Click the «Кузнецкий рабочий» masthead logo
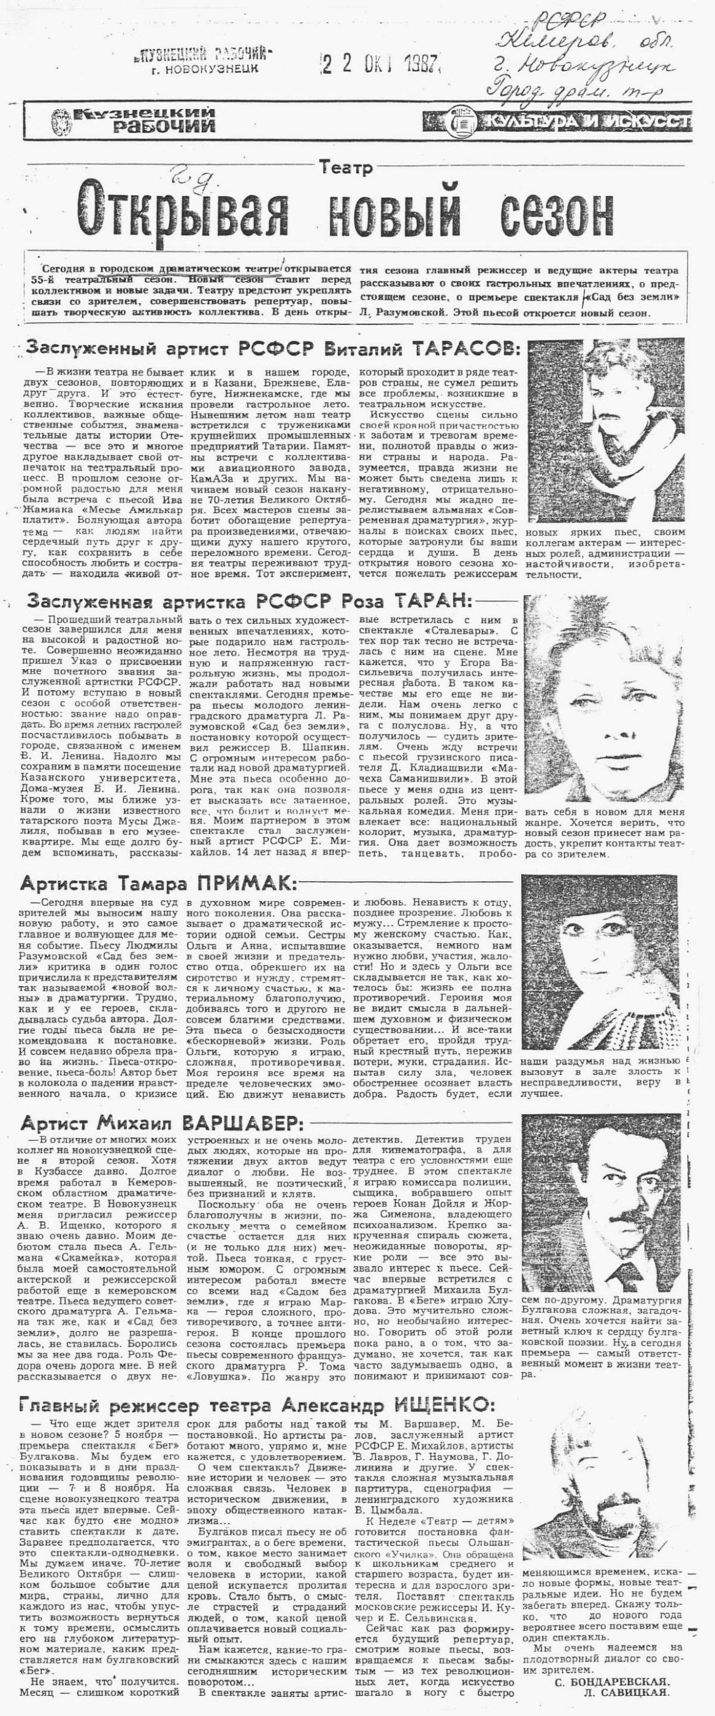(133, 120)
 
